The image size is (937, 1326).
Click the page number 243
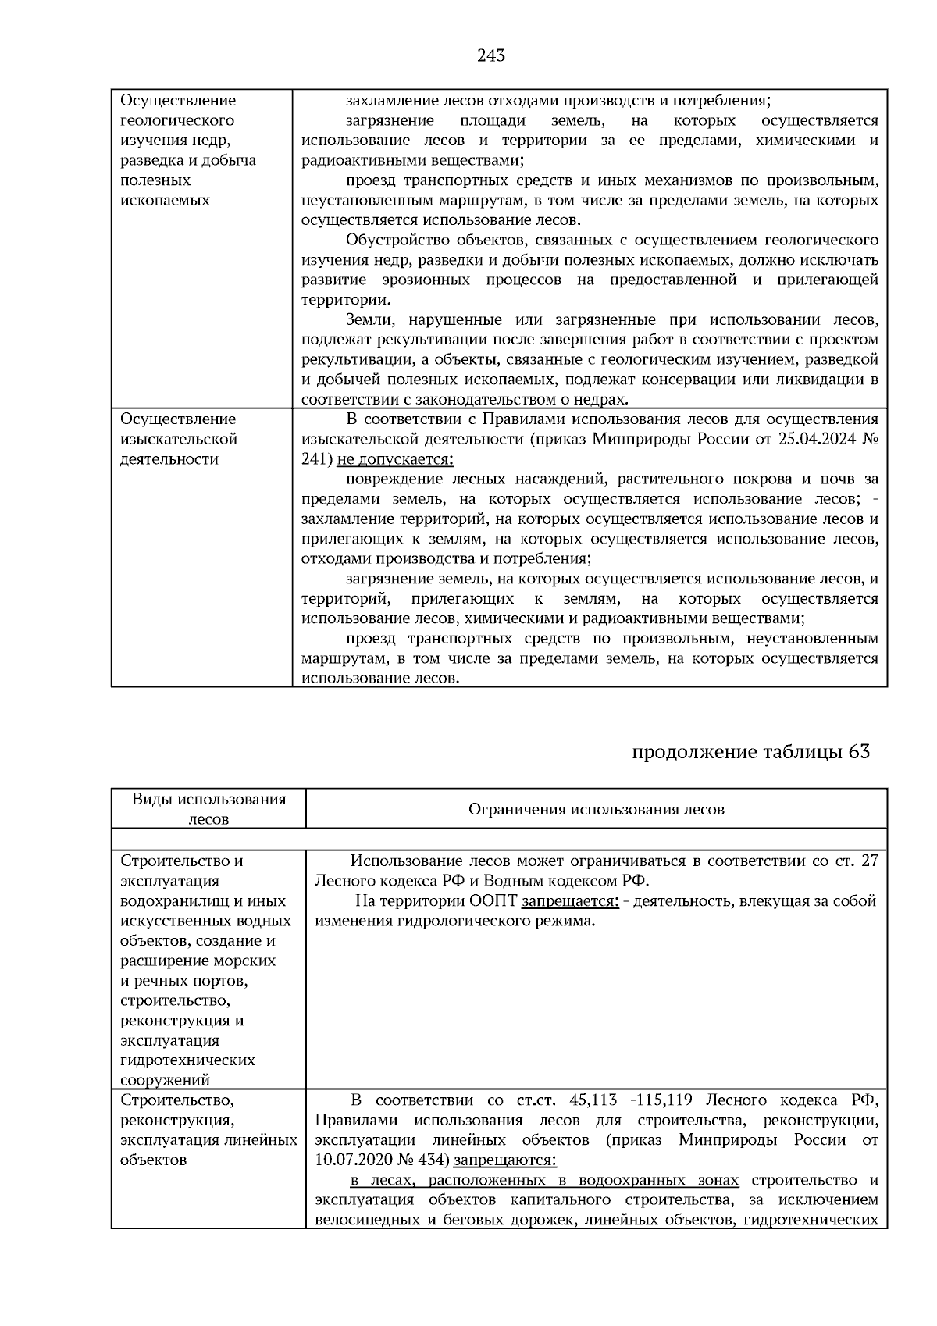tap(490, 55)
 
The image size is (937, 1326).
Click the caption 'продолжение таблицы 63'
tap(750, 752)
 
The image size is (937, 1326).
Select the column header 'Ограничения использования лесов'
tap(596, 809)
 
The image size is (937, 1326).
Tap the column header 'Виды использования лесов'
tap(208, 809)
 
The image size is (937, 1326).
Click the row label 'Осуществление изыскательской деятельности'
tap(179, 439)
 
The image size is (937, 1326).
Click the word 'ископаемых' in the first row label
tap(166, 200)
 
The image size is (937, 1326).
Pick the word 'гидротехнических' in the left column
tap(188, 1060)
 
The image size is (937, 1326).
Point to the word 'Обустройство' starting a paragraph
tap(394, 240)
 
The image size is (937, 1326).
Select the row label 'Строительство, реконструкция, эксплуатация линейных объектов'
tap(208, 1130)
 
